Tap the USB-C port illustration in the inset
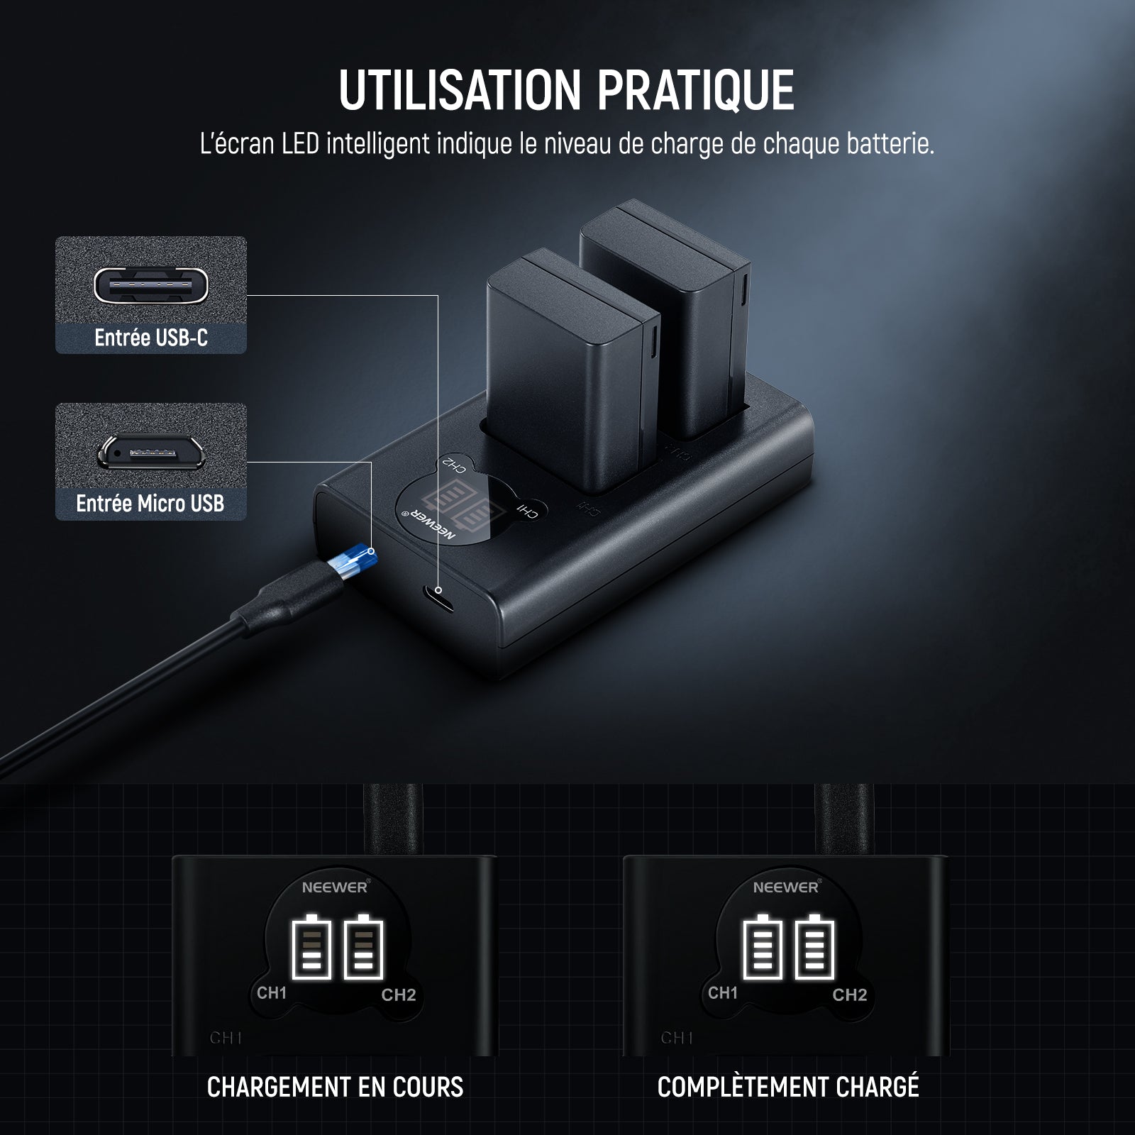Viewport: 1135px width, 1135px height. coord(151,284)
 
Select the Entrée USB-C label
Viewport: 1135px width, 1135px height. coord(151,338)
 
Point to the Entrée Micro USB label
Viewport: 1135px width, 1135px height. coord(150,504)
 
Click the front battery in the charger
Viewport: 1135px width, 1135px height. coord(573,372)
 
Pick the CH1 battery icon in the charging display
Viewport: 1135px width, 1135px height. coord(311,946)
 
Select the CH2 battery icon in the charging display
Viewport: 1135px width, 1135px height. coord(364,946)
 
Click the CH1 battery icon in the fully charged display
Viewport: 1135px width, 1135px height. coord(763,946)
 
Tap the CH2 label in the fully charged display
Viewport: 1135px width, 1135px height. coord(850,995)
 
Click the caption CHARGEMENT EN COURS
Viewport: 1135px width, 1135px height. coord(335,1087)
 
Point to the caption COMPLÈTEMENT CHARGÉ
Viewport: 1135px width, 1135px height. coord(788,1085)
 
